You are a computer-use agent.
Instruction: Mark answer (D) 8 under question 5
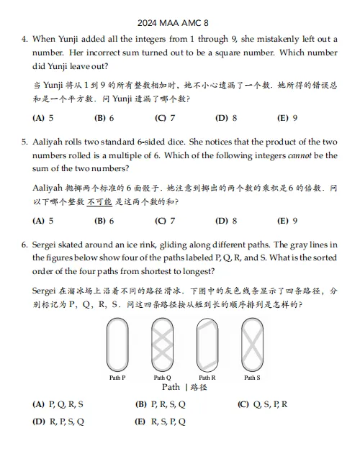[x=226, y=221]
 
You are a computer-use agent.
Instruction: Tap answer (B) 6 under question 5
[x=104, y=221]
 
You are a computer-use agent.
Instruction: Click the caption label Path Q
[x=162, y=378]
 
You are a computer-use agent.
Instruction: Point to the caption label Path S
[x=252, y=378]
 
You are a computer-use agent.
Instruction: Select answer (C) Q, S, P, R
[x=262, y=404]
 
